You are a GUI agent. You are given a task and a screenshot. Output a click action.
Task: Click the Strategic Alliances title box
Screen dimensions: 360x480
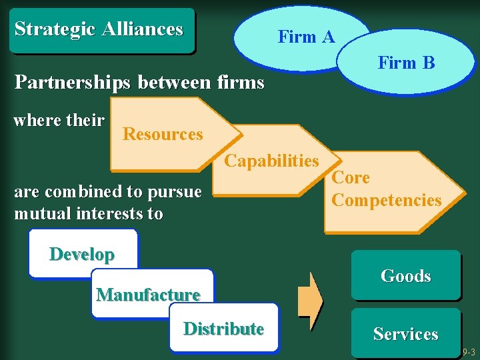(100, 30)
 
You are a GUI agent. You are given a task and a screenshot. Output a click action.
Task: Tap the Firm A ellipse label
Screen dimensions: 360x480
(306, 37)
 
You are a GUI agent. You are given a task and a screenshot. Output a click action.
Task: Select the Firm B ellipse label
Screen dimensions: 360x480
(406, 63)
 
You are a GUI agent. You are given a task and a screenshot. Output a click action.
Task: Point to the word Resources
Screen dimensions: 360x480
(163, 134)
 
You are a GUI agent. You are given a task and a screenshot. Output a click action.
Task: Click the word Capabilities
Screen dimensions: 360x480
(271, 161)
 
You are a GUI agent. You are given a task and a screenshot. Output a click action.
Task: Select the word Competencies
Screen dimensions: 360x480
(387, 200)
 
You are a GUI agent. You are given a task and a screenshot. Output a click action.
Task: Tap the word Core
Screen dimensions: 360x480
(351, 178)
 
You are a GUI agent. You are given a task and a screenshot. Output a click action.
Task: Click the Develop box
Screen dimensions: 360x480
(82, 254)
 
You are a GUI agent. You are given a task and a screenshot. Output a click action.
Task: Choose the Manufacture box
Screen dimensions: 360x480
(149, 294)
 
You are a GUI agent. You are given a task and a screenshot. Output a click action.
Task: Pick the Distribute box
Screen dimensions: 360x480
(223, 329)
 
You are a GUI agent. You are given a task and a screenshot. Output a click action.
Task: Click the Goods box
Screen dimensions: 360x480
(406, 275)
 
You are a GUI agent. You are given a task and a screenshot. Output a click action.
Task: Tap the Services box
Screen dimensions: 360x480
(406, 334)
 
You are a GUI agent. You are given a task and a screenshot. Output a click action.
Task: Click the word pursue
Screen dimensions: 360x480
(173, 192)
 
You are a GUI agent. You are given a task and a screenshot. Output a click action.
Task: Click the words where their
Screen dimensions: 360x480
(59, 121)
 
